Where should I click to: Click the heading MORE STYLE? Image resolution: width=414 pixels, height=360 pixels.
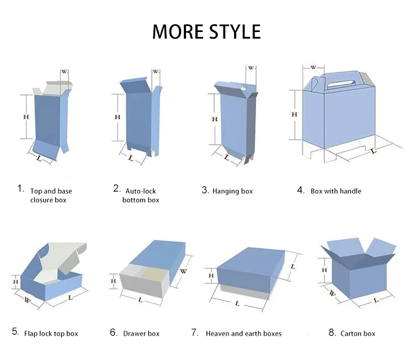tap(206, 31)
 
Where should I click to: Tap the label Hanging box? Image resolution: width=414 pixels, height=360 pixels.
tap(232, 191)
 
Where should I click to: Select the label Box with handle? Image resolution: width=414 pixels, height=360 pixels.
tap(336, 191)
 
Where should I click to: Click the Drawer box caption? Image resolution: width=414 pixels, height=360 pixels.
tap(141, 333)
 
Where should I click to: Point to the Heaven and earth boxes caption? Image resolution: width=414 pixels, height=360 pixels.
tap(243, 333)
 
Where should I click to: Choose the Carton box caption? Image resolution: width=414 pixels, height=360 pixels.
tap(358, 333)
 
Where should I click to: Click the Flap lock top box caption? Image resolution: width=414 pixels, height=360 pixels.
tap(51, 333)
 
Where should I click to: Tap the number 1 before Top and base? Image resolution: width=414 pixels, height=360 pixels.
tap(20, 189)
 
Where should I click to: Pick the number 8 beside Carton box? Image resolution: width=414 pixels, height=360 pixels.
tap(332, 332)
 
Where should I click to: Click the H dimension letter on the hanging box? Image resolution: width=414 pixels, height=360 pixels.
tap(214, 119)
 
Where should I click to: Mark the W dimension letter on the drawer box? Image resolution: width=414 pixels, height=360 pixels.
tap(183, 271)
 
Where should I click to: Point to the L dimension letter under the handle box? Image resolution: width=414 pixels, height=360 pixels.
tap(374, 150)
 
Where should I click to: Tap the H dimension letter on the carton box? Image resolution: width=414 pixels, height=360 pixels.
tap(325, 269)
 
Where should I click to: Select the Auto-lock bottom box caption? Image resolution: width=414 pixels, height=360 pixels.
tap(141, 195)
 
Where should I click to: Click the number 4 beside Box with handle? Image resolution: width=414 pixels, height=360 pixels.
tap(300, 190)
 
